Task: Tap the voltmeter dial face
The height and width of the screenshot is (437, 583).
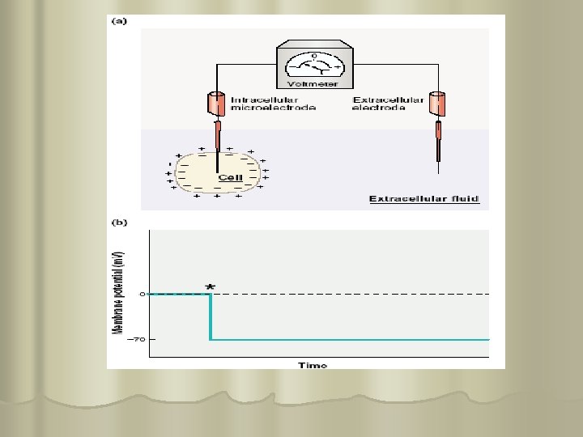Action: [314, 63]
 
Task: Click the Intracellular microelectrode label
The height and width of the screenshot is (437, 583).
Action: [274, 104]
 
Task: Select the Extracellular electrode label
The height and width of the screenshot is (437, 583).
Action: [388, 104]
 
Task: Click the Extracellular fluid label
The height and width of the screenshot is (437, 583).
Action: [424, 199]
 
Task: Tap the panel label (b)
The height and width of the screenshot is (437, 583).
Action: [119, 221]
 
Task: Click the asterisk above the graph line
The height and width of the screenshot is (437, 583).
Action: [211, 286]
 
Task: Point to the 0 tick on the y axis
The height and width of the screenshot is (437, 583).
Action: [143, 294]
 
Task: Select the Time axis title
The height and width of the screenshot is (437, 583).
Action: [313, 365]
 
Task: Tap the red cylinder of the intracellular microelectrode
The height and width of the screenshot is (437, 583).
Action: [216, 104]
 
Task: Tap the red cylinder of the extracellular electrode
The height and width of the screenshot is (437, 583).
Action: [438, 104]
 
